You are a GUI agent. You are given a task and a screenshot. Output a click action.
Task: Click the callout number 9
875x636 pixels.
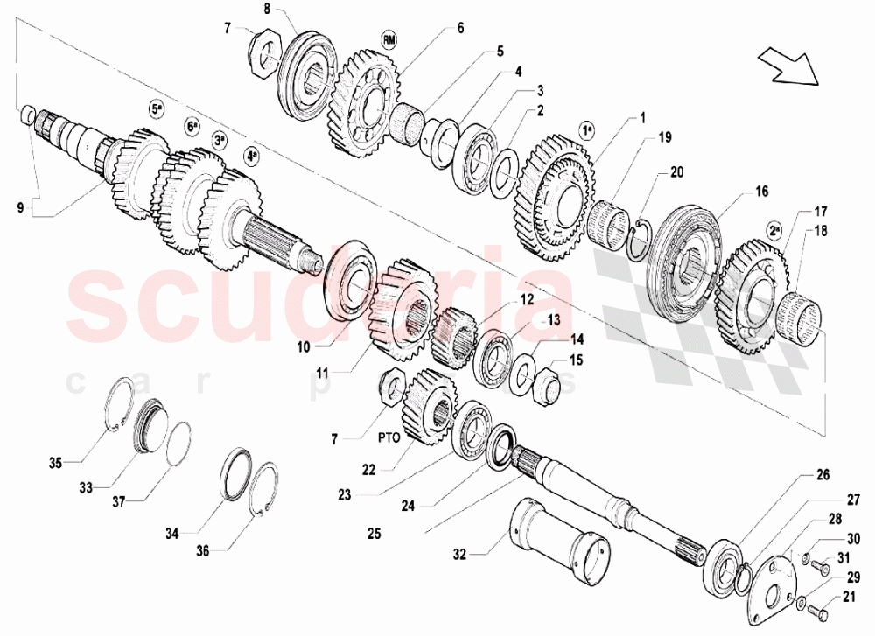(18, 206)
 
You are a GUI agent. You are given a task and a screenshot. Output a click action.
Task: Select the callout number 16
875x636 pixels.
(761, 190)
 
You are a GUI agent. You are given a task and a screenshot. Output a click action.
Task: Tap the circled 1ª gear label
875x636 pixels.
(587, 129)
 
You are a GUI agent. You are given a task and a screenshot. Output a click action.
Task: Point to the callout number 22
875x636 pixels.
(368, 469)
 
